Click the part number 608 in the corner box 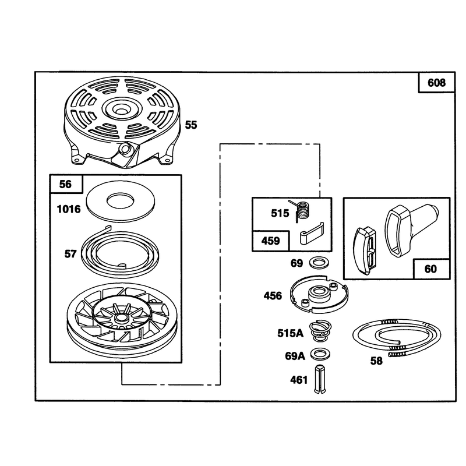pos(436,83)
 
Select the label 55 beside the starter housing pos(191,125)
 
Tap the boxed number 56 pos(65,184)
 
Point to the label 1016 pos(69,209)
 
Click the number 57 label pos(70,254)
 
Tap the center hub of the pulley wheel pos(121,318)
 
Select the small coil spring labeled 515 pos(302,211)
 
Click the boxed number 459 pos(270,241)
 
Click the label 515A pos(290,333)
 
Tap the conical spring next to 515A pos(320,330)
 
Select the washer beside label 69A pos(320,354)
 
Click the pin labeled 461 pos(319,379)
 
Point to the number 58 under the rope pos(376,361)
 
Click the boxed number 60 pos(430,269)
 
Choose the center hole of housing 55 pos(120,111)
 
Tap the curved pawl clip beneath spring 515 pos(312,234)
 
